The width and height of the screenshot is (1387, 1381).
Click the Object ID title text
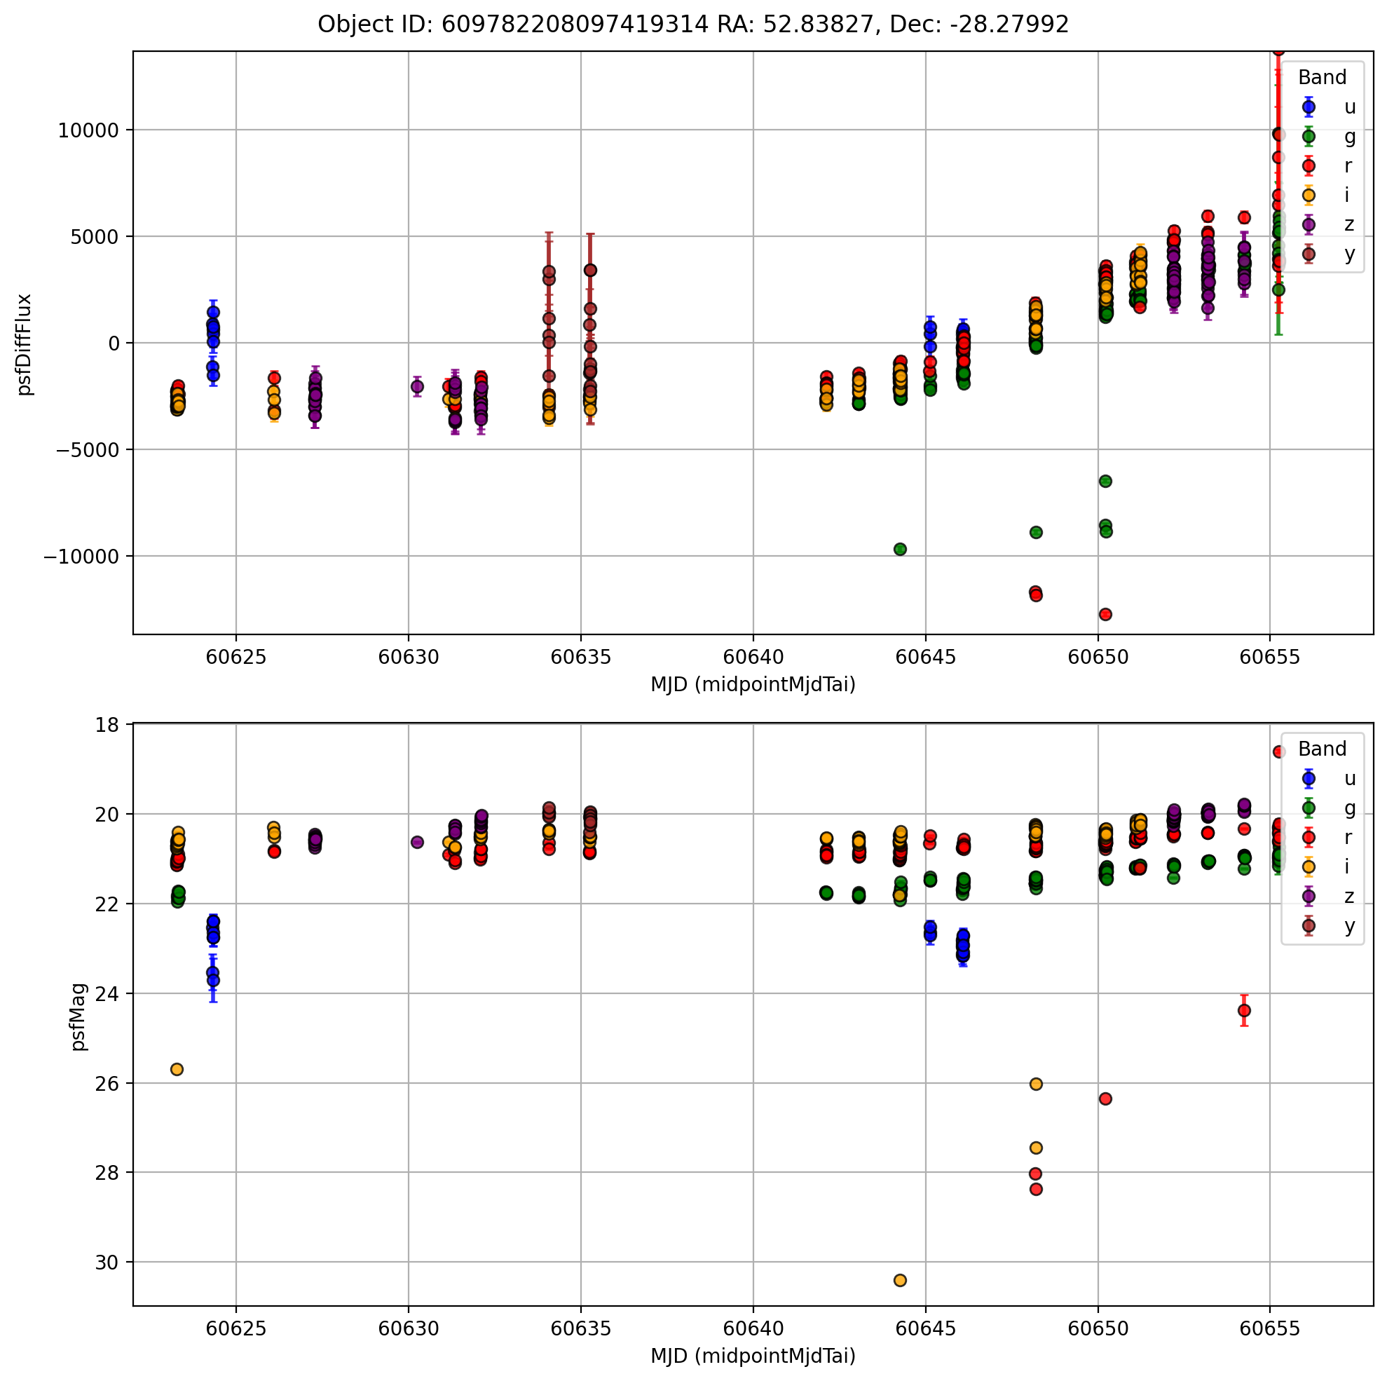[692, 25]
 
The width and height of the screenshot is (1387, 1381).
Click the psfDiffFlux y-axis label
[25, 344]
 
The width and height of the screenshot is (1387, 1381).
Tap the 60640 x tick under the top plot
[753, 657]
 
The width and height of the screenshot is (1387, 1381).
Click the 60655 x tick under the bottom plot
[1270, 1328]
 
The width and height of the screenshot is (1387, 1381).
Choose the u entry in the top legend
[1350, 107]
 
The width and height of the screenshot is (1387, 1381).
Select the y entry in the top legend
[1350, 254]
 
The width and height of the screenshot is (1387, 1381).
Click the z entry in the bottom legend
[1350, 897]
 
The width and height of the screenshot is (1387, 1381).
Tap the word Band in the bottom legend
[1322, 749]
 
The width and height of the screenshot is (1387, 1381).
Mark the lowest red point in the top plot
[1105, 614]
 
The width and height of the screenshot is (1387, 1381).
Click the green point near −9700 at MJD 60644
[901, 550]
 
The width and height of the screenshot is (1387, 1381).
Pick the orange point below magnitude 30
[901, 1281]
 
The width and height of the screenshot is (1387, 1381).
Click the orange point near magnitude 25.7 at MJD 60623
[177, 1069]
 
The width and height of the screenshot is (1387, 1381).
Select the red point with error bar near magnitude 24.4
[1244, 1010]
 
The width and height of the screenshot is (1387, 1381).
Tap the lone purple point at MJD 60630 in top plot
[417, 386]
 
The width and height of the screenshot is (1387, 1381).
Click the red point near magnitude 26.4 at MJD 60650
[1105, 1098]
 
